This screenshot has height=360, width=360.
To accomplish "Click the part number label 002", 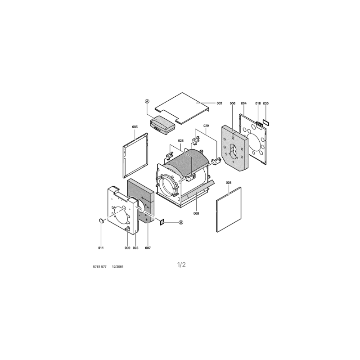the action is (219, 103).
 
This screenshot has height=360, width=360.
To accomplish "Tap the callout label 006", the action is (233, 103).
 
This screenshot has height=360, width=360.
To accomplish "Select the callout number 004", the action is (243, 103).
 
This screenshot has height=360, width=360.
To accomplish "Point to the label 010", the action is (258, 103).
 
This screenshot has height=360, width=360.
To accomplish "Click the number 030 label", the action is (265, 103).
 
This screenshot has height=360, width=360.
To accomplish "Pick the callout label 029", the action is (206, 126).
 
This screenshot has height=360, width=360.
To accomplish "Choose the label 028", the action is (181, 140).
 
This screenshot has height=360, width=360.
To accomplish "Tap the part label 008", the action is (196, 213).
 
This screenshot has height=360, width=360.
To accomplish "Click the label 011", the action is (101, 248).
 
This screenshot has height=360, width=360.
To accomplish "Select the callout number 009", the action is (127, 248).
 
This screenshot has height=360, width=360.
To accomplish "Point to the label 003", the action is (135, 248).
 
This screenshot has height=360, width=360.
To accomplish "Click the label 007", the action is (148, 248).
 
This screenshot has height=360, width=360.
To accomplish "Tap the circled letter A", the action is (147, 101).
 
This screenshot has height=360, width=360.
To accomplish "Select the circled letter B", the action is (181, 222).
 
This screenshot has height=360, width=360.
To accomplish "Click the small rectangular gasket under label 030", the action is (265, 122).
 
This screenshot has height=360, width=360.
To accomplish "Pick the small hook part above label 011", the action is (101, 220).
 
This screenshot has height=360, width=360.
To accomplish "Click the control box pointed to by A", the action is (162, 126).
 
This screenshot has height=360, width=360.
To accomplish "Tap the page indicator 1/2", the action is (181, 265).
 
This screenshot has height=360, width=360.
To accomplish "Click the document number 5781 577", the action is (99, 266).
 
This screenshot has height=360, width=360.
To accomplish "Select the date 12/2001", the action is (117, 266).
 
